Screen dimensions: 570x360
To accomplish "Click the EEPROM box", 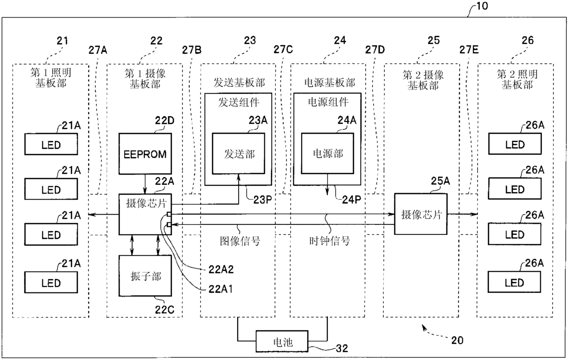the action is pos(145,154).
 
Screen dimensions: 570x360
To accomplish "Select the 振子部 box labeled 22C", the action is pos(145,276).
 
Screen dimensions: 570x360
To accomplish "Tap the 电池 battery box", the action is pos(282,342).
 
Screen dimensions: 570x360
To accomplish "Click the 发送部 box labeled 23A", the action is pos(239,154).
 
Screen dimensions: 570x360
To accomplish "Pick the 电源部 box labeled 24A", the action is pos(327,153).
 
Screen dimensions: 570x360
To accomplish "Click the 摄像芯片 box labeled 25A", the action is pos(421,214).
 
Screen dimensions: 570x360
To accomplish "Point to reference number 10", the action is pos(482,6).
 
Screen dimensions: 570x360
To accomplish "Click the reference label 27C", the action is pos(283,49).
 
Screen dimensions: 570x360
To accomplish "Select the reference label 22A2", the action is pos(221,269).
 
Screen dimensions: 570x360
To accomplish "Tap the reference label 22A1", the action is pos(220,289).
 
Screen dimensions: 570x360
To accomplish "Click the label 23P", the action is pos(262,200).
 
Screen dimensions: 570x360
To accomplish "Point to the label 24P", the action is pos(351,200).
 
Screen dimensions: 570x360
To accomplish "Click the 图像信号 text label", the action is pos(240,241).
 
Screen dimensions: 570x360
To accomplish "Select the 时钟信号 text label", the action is pos(330,240).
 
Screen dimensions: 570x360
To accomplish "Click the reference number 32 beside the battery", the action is pos(342,349).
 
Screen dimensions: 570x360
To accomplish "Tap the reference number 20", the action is pos(457,340).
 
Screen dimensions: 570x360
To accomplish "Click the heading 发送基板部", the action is pos(239,82).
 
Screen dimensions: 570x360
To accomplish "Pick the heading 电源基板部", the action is pos(330,82).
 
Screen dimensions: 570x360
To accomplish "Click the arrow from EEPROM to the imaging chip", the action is pos(145,184).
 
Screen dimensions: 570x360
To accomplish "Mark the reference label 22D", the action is pos(165,120).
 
